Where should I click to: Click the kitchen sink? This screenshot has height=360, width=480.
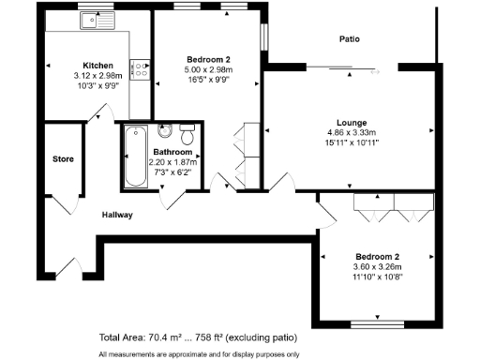pos(95,19)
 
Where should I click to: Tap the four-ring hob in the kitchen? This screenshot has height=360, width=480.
pos(141,67)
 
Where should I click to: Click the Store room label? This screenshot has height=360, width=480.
pos(63,158)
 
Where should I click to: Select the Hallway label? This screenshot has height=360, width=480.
pos(117,215)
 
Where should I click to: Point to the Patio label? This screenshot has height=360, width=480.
pos(350,39)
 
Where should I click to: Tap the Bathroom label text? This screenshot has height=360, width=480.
pos(172,152)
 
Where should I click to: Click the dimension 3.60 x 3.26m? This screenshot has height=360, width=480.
pos(378,267)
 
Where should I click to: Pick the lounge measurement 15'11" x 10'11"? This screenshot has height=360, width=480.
pos(352,143)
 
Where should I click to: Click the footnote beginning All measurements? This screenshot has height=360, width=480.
pos(199,353)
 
